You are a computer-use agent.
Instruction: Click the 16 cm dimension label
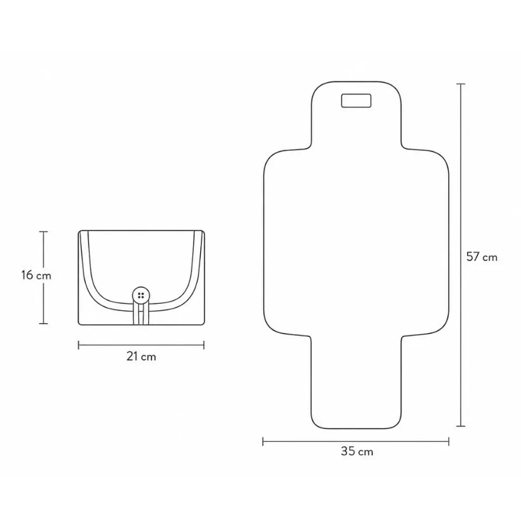36,275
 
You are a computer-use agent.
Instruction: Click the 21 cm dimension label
141,357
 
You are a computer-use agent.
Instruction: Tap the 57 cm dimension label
481,257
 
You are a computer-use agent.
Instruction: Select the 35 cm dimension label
357,451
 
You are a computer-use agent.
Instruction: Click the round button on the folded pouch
141,295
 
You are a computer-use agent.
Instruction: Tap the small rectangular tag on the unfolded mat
356,101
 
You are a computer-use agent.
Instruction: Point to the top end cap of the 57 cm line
461,84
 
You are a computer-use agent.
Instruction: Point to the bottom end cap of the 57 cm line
461,426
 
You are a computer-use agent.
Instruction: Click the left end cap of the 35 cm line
263,442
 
